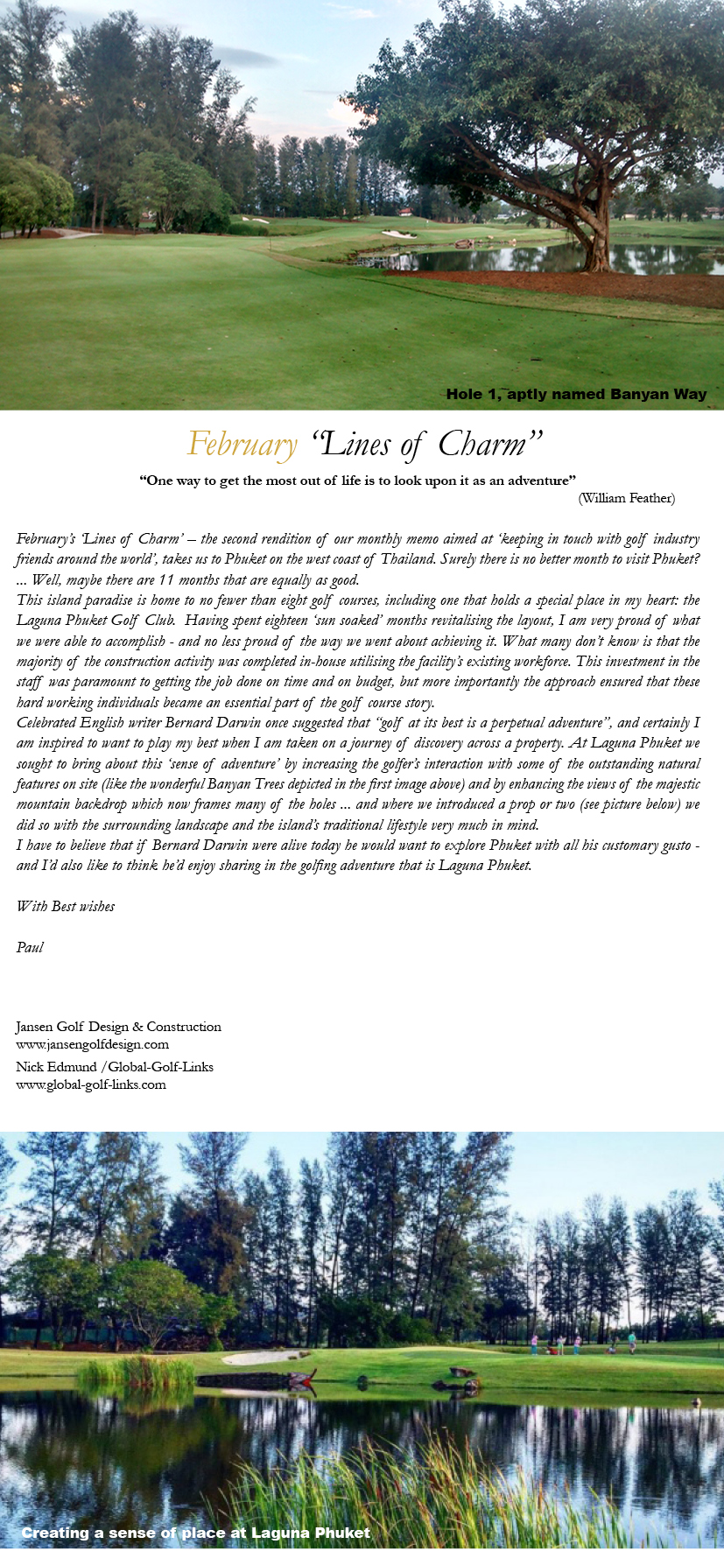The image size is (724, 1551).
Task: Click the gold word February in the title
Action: coord(243,445)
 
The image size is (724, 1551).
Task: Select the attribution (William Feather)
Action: coord(626,498)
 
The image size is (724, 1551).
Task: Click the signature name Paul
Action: coord(30,947)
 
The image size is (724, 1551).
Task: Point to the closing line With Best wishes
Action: coord(66,906)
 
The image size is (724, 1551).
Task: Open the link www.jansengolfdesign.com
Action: coord(92,1044)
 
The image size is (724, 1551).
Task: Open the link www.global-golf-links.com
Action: coord(90,1084)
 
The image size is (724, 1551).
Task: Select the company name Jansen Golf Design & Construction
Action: coord(118,1027)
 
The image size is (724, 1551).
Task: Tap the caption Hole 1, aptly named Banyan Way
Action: coord(576,394)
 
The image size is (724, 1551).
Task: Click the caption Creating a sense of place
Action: coord(195,1533)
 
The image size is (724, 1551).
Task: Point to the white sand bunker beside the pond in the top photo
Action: coord(399,234)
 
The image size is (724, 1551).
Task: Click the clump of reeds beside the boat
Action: coord(136,1372)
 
